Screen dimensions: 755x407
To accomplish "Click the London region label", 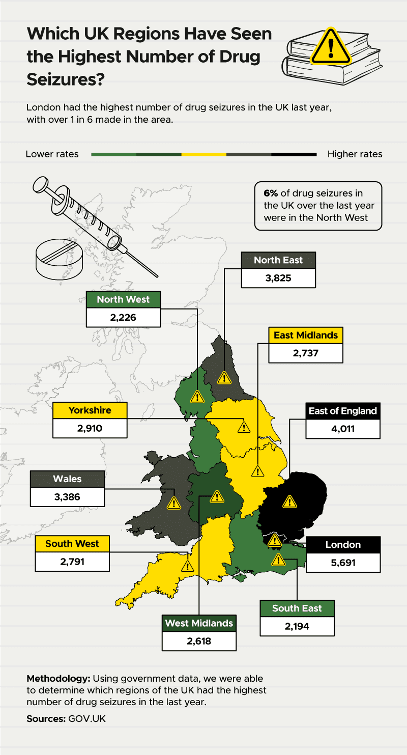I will point(343,545).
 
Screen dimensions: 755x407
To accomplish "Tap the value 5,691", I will point(343,563).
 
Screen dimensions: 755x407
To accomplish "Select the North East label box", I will point(278,260).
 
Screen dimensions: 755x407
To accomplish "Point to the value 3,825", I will point(278,278).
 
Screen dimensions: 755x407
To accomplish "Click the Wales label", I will point(67,479).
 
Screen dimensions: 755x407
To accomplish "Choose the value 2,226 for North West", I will point(123,318).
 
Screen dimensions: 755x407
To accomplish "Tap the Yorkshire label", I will point(90,410).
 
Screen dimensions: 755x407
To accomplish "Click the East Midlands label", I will point(305,335).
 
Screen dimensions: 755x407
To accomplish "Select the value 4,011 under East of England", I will point(342,429).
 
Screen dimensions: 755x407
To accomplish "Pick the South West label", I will point(72,544).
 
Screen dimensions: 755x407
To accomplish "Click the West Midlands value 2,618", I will point(199,641).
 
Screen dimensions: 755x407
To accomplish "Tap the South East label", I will point(297,608).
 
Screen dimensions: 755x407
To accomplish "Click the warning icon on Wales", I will point(174,503).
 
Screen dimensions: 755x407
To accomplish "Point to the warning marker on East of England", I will point(289,501).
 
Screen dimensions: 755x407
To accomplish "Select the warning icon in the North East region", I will point(223,378).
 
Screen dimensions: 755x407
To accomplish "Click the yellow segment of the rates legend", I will point(203,154).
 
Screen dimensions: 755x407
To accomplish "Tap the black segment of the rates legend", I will point(294,154).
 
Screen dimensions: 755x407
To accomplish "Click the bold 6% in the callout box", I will point(271,193).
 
